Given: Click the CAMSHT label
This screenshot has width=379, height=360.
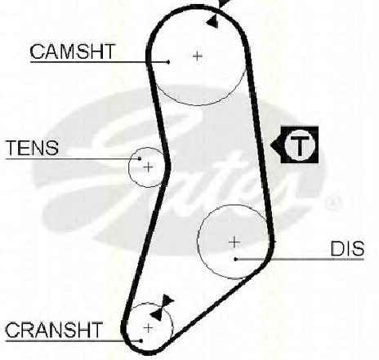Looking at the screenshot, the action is point(73,51).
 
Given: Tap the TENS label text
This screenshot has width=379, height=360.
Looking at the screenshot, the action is point(32,148).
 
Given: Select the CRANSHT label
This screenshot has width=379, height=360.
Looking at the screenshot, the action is point(54,330).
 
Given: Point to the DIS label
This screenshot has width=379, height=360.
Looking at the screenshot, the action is point(347,249).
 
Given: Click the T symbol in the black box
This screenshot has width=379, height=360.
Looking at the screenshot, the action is point(300,144).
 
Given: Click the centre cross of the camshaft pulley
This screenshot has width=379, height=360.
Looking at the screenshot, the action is point(198,56).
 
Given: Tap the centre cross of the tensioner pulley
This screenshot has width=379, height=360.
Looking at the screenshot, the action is point(149,167).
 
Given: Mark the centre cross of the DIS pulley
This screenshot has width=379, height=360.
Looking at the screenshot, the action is point(234,242).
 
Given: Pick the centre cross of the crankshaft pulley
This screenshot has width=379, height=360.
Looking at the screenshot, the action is point(149,328).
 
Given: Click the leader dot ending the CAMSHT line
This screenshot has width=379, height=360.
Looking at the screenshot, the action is point(168,62).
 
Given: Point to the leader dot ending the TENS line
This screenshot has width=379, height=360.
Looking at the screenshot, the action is point(140,158).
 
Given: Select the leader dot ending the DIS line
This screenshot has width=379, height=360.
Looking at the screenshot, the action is point(236,260).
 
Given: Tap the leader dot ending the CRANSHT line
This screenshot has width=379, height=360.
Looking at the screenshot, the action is point(141,340).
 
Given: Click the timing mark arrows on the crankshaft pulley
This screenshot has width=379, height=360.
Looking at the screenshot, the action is point(162,308).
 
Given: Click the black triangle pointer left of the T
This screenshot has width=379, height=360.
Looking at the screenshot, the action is point(275,145).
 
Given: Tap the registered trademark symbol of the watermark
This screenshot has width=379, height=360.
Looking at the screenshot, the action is point(334,202).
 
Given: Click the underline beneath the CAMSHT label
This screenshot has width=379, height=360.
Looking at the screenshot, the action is point(99,62).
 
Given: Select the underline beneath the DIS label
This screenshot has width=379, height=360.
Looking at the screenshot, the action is point(300,260).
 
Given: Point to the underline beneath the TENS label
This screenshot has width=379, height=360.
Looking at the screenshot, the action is point(73,158).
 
